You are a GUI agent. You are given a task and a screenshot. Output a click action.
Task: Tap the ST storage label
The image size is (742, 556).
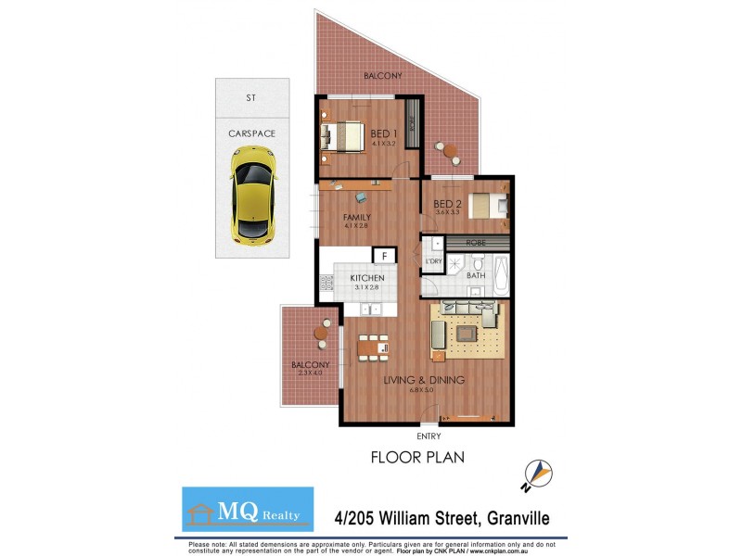click(x=250, y=96)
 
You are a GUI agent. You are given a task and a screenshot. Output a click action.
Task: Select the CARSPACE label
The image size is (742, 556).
click(x=251, y=133)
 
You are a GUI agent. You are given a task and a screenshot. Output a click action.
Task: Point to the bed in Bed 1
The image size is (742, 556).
click(x=344, y=137)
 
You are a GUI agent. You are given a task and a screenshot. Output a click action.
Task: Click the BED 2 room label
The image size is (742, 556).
click(x=447, y=204)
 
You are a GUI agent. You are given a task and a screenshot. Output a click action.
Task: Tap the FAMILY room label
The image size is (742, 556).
click(x=356, y=218)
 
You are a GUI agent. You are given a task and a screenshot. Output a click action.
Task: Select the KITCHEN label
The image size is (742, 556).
click(x=367, y=277)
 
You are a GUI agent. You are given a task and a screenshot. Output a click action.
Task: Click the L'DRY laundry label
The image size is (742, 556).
click(x=432, y=261)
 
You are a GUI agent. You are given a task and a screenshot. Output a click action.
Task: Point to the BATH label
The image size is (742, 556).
click(x=476, y=275)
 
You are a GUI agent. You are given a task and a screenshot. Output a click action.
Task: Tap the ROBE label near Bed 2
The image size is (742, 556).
click(x=477, y=242)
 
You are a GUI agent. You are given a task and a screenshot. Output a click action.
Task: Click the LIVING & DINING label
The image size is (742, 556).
click(x=425, y=380)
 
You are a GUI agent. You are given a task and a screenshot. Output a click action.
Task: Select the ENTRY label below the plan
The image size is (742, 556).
click(x=429, y=436)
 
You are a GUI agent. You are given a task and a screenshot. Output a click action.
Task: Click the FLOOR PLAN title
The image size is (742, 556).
click(x=417, y=457)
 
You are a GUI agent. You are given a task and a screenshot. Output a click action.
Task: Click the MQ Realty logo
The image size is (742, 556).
click(x=248, y=510)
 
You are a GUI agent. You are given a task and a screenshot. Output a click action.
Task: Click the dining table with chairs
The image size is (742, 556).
click(x=374, y=345)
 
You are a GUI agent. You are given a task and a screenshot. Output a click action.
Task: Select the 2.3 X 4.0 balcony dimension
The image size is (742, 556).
click(x=310, y=373)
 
